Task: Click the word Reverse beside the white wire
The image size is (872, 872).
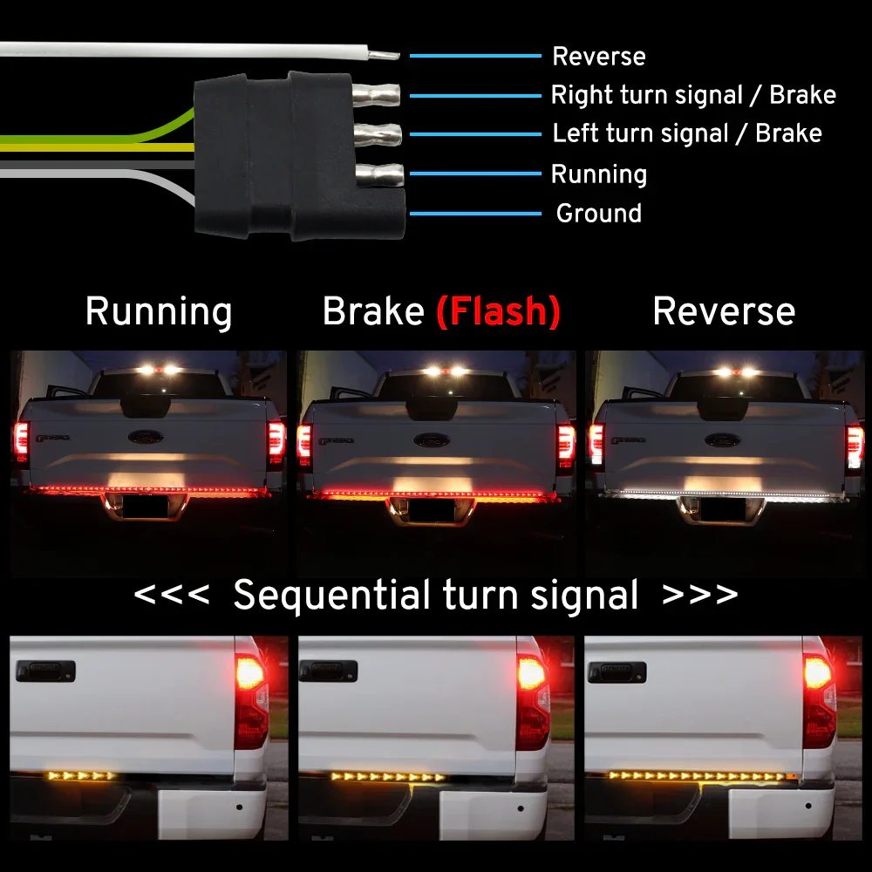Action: [x=599, y=57]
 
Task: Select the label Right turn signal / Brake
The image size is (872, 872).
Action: [x=693, y=94]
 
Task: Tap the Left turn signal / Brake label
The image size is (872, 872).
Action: [x=687, y=133]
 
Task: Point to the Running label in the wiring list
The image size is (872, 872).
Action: [x=599, y=174]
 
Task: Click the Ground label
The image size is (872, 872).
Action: [x=599, y=213]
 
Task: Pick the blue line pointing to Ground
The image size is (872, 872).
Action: [x=475, y=214]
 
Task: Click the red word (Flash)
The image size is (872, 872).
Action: [x=498, y=311]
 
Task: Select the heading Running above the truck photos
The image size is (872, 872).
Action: [x=159, y=311]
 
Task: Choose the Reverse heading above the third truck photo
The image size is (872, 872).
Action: [x=724, y=311]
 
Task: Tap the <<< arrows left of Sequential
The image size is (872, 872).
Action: [x=171, y=596]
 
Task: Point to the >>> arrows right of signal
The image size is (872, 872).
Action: [x=700, y=596]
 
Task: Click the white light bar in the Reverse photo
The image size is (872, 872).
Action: [x=724, y=494]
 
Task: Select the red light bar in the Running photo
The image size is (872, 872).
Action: [x=148, y=490]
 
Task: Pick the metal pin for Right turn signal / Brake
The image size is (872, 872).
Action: [x=377, y=93]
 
